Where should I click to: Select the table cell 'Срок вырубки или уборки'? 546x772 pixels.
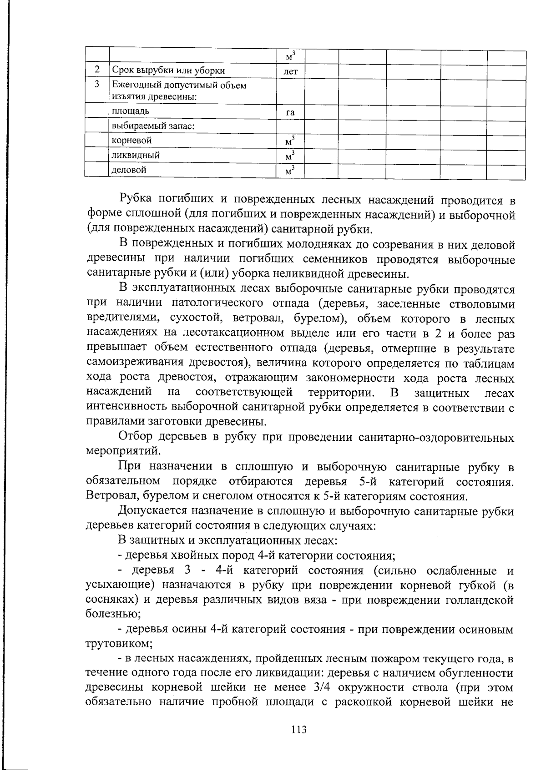[168, 71]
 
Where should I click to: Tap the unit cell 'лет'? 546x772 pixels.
[290, 71]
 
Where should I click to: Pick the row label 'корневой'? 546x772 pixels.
[132, 140]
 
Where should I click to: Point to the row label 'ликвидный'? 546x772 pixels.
[136, 155]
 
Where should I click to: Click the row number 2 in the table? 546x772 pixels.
[97, 70]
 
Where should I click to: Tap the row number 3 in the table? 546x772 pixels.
[97, 84]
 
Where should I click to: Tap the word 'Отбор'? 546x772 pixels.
[135, 437]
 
